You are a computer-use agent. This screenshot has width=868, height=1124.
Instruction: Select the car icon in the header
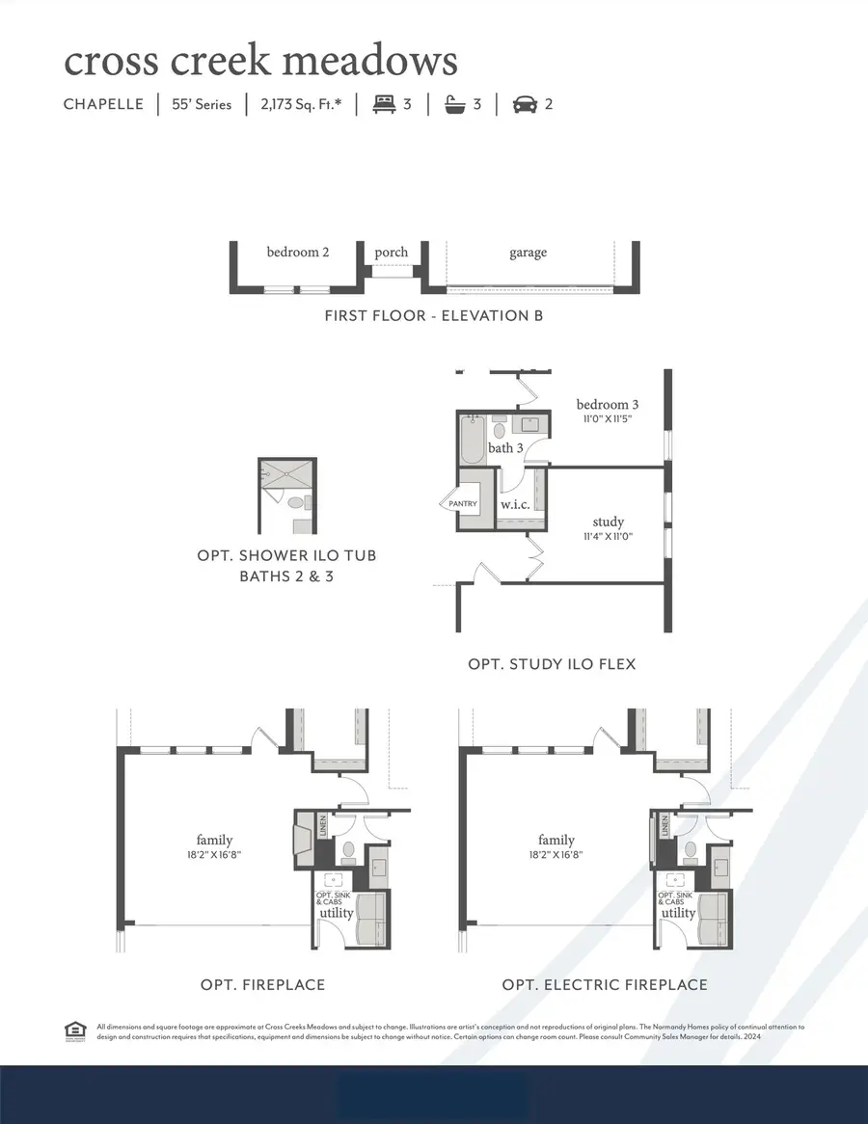[x=525, y=104]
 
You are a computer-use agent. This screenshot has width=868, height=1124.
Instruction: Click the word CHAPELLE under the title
[x=104, y=104]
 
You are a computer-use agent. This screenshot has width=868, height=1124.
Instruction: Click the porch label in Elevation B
[x=392, y=253]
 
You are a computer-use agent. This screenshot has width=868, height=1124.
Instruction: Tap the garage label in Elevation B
[x=528, y=253]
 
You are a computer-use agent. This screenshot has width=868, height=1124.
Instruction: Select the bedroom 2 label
[x=298, y=253]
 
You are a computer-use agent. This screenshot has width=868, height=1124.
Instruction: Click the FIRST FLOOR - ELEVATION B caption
[x=434, y=314]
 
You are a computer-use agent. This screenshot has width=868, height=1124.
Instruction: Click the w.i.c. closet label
[x=511, y=504]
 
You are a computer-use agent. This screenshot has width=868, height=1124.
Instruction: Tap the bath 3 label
[x=505, y=448]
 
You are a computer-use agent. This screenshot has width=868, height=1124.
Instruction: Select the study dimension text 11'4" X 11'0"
[x=608, y=537]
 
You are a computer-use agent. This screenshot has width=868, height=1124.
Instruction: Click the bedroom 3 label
[x=608, y=404]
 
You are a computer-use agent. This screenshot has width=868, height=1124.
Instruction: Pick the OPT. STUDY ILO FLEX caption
[x=552, y=664]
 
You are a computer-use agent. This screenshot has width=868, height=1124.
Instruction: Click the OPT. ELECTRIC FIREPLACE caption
[x=605, y=984]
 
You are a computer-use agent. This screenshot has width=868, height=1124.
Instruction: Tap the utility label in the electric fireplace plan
[x=678, y=913]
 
